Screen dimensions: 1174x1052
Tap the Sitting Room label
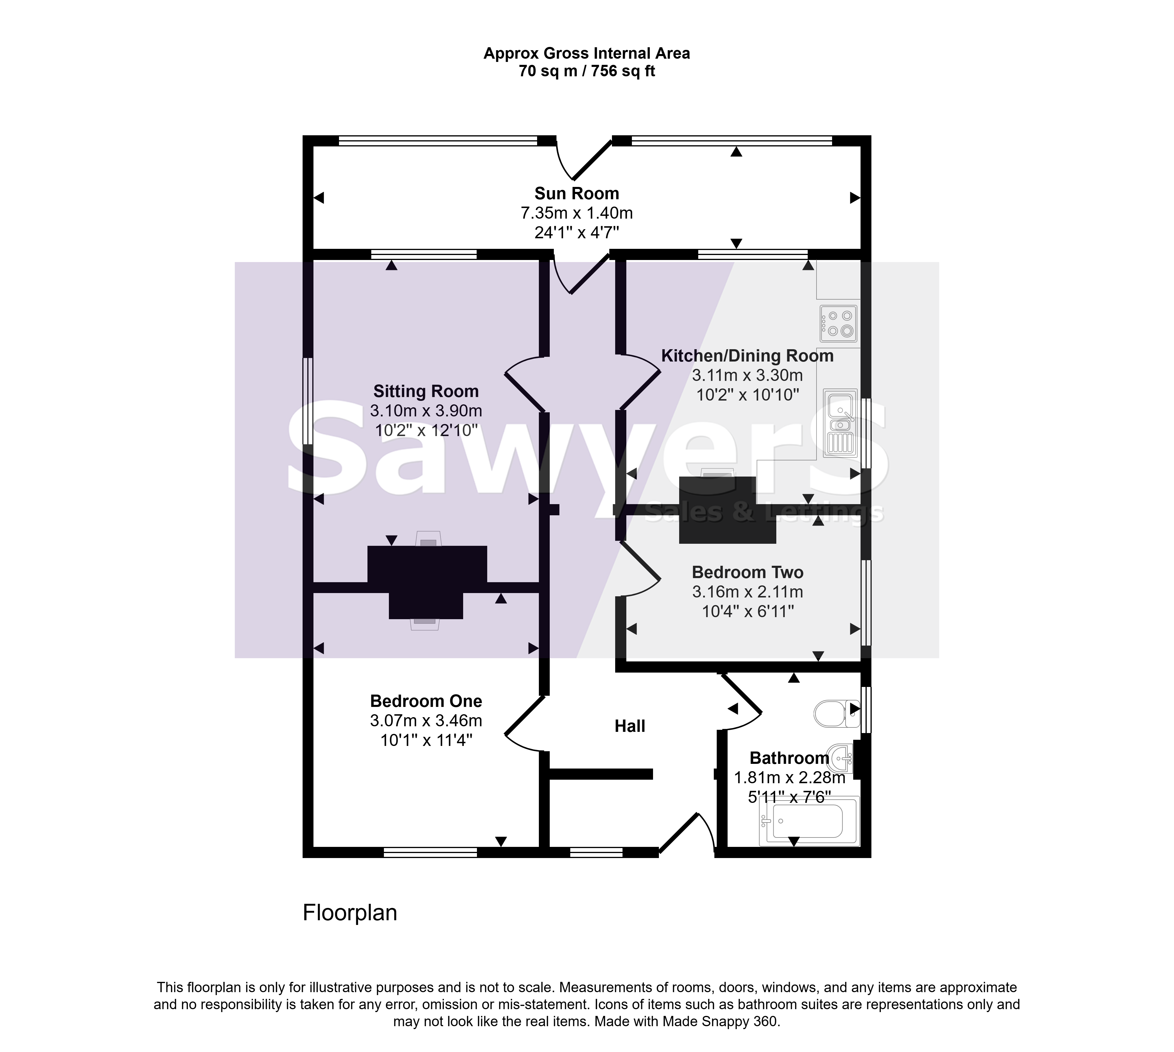[426, 391]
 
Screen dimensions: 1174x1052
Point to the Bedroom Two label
[748, 572]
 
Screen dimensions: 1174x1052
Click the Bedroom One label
[426, 701]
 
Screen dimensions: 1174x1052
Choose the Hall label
[630, 726]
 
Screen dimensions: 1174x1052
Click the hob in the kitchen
[838, 324]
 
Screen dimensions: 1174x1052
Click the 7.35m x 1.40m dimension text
[576, 213]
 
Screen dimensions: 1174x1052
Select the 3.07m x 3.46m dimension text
[426, 721]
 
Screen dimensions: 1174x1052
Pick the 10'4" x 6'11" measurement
[748, 612]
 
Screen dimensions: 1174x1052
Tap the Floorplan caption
[350, 913]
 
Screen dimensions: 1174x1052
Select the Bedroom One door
[525, 724]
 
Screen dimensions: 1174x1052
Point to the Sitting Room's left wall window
[308, 401]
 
